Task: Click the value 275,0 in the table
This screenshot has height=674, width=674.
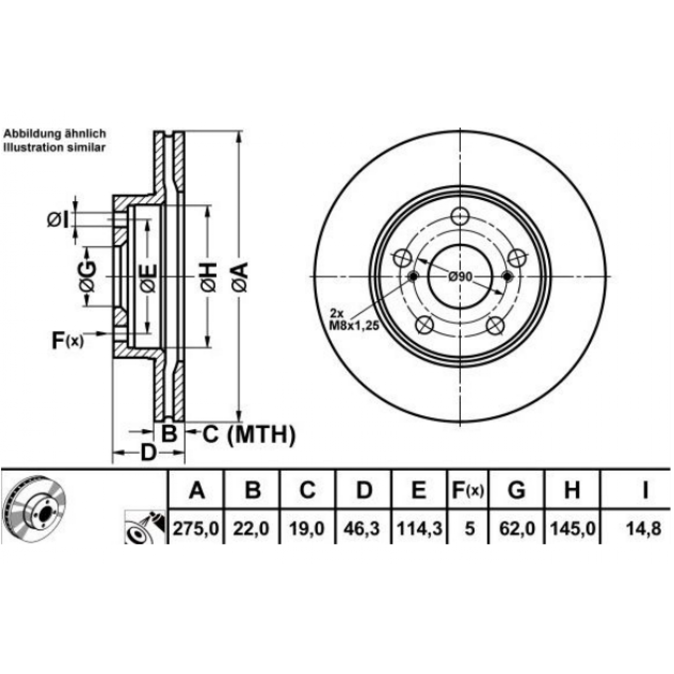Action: point(196,529)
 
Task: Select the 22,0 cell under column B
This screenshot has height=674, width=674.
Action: point(252,529)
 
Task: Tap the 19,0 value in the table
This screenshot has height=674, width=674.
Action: point(307,529)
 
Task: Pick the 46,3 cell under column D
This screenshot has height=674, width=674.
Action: point(362,529)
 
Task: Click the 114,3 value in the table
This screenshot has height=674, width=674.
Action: point(419,529)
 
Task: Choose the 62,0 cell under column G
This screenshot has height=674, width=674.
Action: point(517,529)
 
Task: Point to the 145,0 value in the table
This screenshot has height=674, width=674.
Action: point(573,529)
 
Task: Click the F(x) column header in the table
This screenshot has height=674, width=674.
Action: point(468,490)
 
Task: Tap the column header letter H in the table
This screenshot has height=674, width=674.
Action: point(572,490)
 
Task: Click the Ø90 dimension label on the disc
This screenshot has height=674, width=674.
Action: point(461,277)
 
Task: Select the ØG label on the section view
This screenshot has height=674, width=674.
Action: point(87,276)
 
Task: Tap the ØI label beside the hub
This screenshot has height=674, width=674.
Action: point(58,220)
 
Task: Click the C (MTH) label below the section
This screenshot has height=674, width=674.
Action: point(249,435)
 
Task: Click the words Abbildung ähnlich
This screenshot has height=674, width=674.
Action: point(55,134)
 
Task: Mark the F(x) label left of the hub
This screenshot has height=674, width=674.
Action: point(67,341)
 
